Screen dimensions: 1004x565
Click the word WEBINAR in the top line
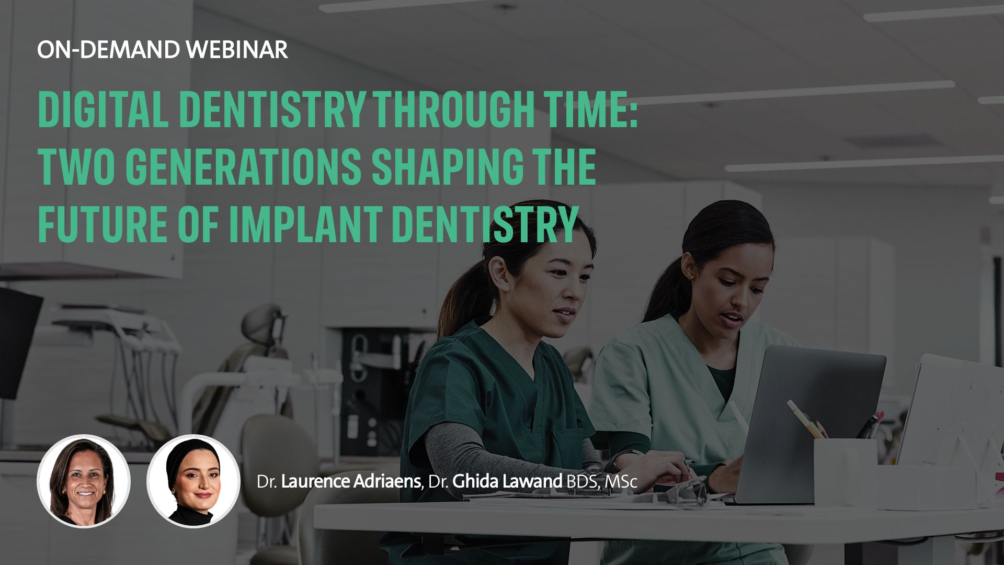click(237, 50)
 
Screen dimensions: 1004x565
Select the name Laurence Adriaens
click(351, 481)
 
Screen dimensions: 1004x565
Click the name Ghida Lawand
click(507, 481)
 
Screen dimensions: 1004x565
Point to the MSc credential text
click(621, 482)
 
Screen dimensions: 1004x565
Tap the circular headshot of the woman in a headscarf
click(193, 481)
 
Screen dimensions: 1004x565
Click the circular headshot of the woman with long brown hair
click(84, 481)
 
